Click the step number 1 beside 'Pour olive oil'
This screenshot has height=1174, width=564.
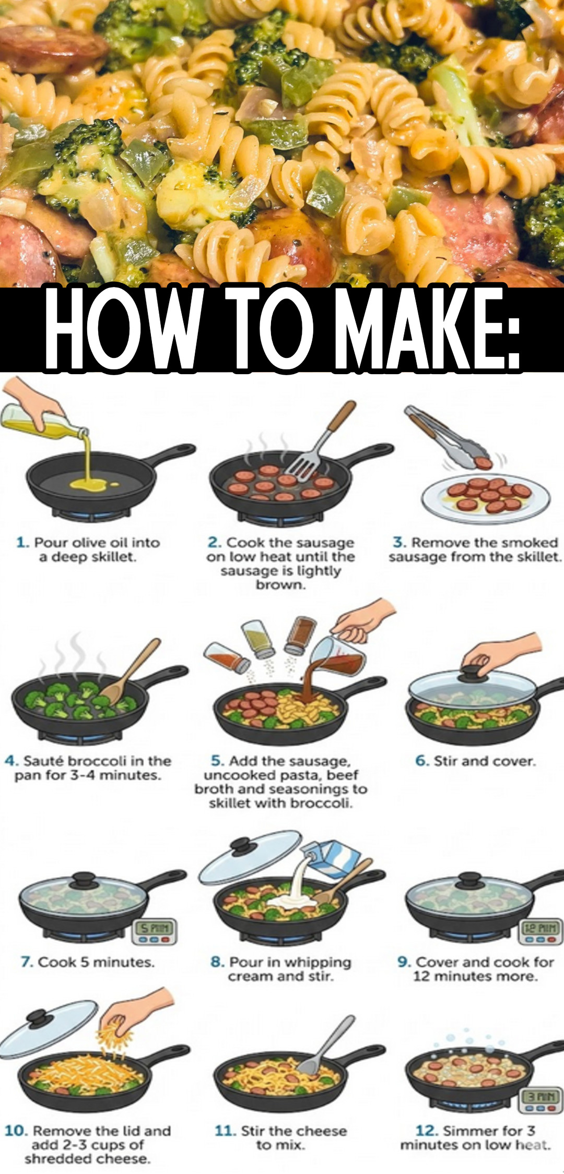coord(22,543)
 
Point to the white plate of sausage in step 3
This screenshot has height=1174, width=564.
coord(486,498)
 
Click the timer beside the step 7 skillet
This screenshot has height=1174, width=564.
coord(154,931)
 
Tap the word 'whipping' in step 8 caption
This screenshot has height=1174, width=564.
coord(318,962)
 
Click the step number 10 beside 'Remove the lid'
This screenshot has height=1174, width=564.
coord(16,1131)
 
